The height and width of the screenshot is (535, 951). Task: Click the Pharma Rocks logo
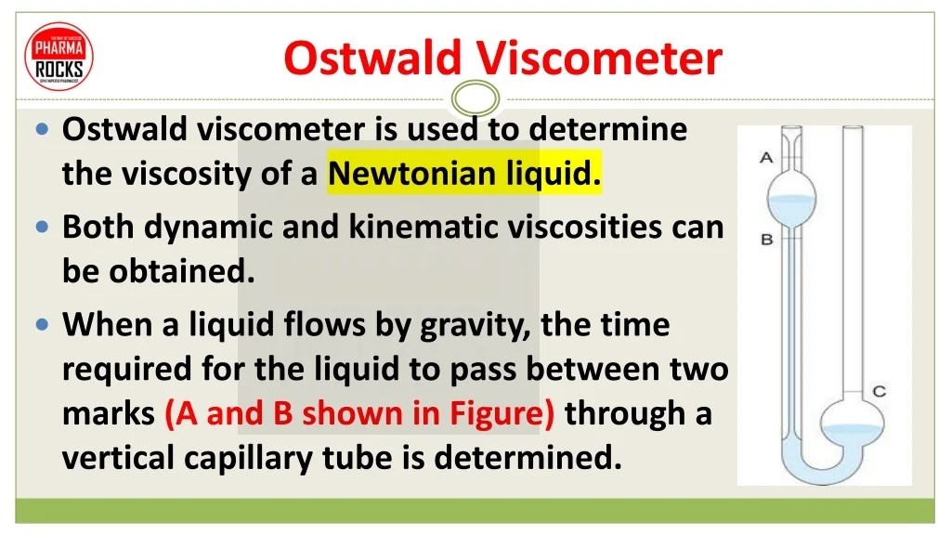click(60, 56)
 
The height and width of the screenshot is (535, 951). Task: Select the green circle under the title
click(475, 97)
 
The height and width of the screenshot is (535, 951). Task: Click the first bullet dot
click(43, 129)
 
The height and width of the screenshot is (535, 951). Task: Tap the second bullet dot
click(43, 227)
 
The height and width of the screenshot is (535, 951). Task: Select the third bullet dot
click(43, 325)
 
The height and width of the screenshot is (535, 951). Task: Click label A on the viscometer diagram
click(766, 158)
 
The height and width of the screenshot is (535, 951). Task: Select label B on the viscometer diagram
click(767, 240)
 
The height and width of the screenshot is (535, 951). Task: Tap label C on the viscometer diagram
click(879, 391)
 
